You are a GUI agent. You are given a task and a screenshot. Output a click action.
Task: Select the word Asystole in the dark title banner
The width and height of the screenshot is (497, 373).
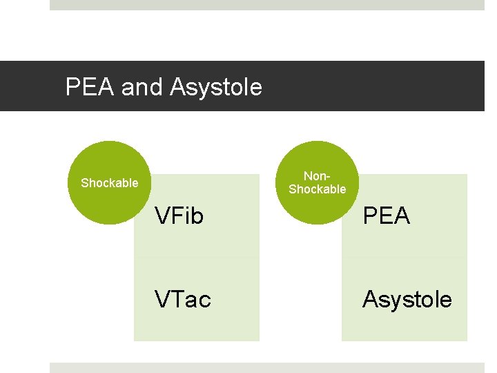tap(215, 87)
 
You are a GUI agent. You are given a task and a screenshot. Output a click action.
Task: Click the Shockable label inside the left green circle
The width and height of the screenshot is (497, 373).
tap(109, 183)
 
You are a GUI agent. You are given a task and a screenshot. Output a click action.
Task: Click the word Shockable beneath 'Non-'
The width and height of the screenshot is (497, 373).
tap(317, 189)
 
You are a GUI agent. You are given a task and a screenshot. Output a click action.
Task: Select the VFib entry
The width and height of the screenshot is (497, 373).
tap(179, 216)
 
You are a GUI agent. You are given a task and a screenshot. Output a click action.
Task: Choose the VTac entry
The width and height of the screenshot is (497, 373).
tap(183, 299)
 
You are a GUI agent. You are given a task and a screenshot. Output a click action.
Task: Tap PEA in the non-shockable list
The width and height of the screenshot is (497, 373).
tap(387, 216)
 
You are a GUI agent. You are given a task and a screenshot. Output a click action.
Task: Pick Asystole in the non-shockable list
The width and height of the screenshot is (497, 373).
tap(407, 299)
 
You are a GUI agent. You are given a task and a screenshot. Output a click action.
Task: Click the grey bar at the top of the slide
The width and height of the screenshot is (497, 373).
tap(266, 5)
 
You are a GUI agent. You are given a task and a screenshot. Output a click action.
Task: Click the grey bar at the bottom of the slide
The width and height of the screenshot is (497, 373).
tap(266, 367)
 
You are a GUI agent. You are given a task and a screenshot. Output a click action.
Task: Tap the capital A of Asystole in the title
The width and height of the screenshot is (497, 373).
tap(177, 87)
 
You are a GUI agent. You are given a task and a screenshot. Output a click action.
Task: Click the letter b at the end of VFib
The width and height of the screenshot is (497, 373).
tap(198, 216)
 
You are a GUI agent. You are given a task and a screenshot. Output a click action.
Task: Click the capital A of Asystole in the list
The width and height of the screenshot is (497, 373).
tap(371, 299)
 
